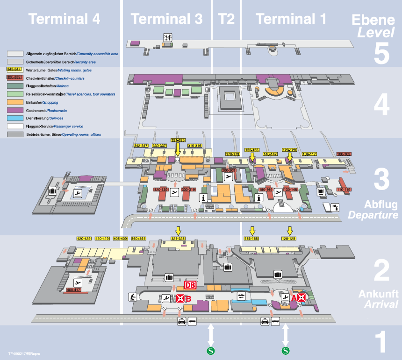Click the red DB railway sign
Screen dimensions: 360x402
[190, 285]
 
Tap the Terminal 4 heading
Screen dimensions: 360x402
[64, 19]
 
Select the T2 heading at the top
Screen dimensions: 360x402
[226, 19]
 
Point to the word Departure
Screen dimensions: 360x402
[373, 215]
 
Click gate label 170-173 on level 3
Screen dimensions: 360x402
[232, 154]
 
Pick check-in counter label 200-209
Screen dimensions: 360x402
[229, 170]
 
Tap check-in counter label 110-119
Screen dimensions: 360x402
[344, 190]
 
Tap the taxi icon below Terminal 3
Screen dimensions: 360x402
[181, 321]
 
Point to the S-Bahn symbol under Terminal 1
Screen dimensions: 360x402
[286, 350]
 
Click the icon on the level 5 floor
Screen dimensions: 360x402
[167, 36]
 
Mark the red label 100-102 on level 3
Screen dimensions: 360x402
[344, 154]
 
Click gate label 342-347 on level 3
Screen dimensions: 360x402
[141, 146]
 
